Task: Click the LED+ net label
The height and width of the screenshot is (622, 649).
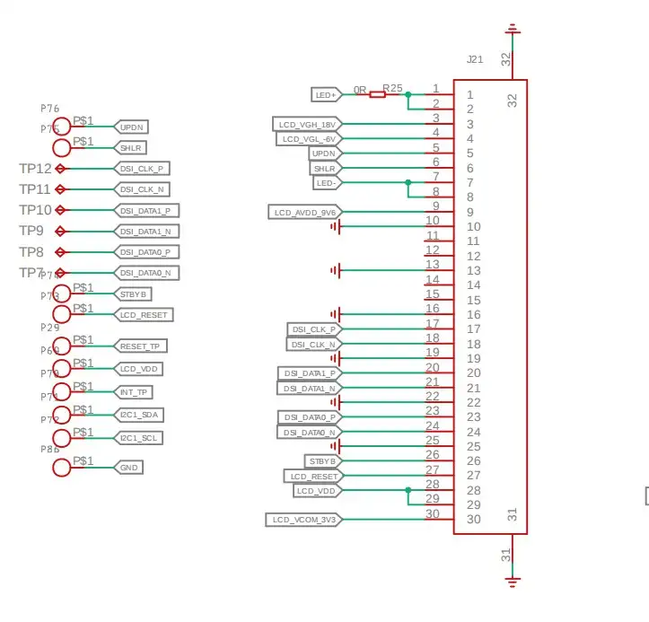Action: [325, 94]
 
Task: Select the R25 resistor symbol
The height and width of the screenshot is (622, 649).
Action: [377, 94]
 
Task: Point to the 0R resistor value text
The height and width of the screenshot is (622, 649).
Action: [359, 90]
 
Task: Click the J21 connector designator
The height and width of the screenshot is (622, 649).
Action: [475, 59]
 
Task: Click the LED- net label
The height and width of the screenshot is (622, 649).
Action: [325, 182]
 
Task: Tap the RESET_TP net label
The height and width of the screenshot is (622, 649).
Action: [142, 346]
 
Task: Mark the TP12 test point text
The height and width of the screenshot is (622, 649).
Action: [35, 169]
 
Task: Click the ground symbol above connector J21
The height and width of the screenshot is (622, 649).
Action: [513, 30]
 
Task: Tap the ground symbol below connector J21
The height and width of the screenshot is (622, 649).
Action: [513, 581]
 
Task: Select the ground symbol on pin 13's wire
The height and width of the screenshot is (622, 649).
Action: [336, 270]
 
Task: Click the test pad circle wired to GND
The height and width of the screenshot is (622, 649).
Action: [61, 467]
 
